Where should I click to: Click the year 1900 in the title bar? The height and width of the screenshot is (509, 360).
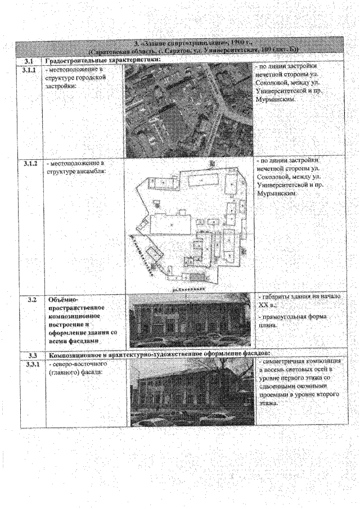point(207,43)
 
